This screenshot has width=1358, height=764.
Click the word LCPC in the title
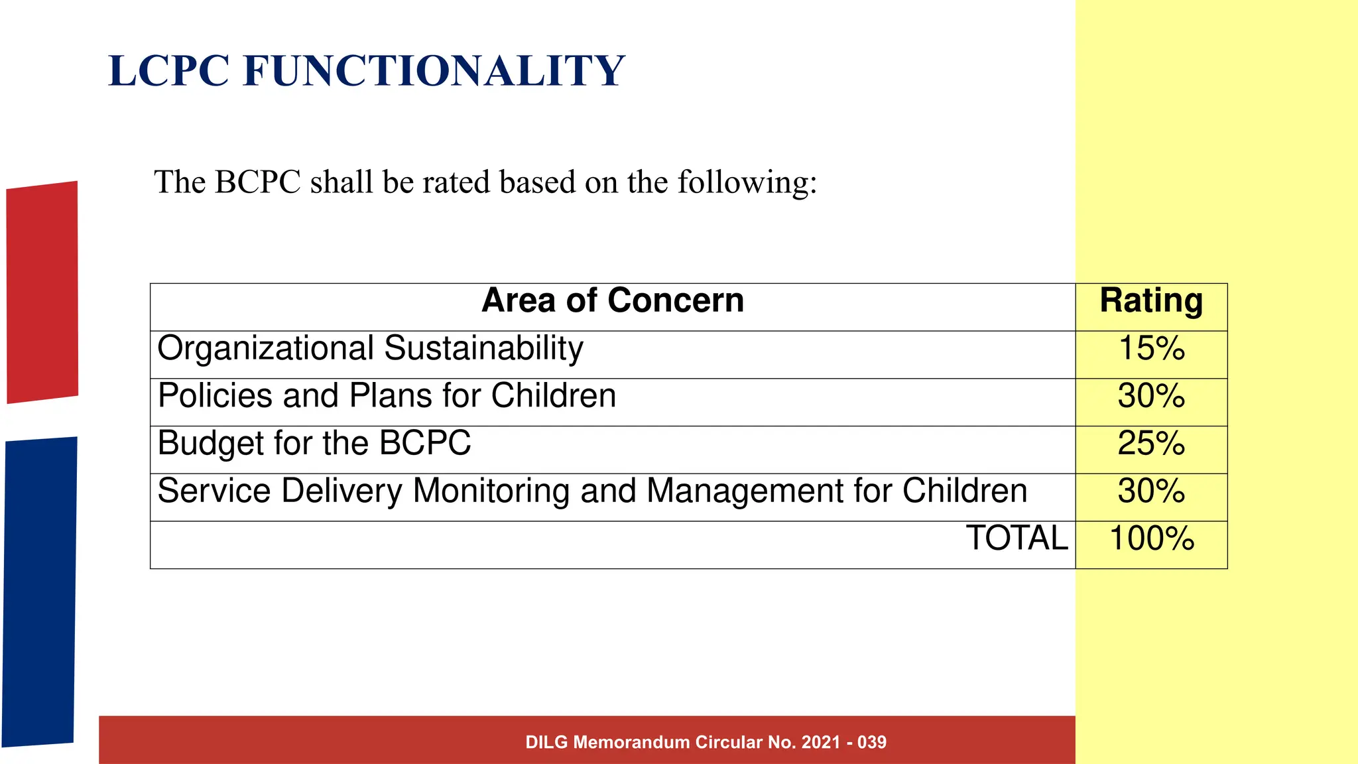pos(168,71)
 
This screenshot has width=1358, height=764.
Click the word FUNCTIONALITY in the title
pos(434,71)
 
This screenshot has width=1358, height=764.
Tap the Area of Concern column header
pos(612,300)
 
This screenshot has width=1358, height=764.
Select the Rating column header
pos(1151,300)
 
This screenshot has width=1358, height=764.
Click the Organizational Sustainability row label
pos(370,348)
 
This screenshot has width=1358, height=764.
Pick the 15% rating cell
pos(1151,349)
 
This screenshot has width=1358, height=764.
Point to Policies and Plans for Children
pos(387,396)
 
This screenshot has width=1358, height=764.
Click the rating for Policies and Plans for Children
pos(1151,397)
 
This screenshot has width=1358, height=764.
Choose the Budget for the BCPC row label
pos(314,443)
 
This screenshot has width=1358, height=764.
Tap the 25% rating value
pos(1151,444)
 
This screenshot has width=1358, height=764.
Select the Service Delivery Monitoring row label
pos(592,491)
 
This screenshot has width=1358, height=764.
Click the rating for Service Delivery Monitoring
pos(1151,491)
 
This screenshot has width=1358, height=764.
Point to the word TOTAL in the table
pos(1017,538)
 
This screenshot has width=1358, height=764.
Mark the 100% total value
pos(1151,539)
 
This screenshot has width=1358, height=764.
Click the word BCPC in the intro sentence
pos(258,182)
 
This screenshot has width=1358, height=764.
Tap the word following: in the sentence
pos(747,182)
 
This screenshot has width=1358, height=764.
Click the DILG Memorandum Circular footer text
pos(706,742)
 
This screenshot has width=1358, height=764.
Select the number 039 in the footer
pos(871,742)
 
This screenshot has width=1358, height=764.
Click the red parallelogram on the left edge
pos(42,292)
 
